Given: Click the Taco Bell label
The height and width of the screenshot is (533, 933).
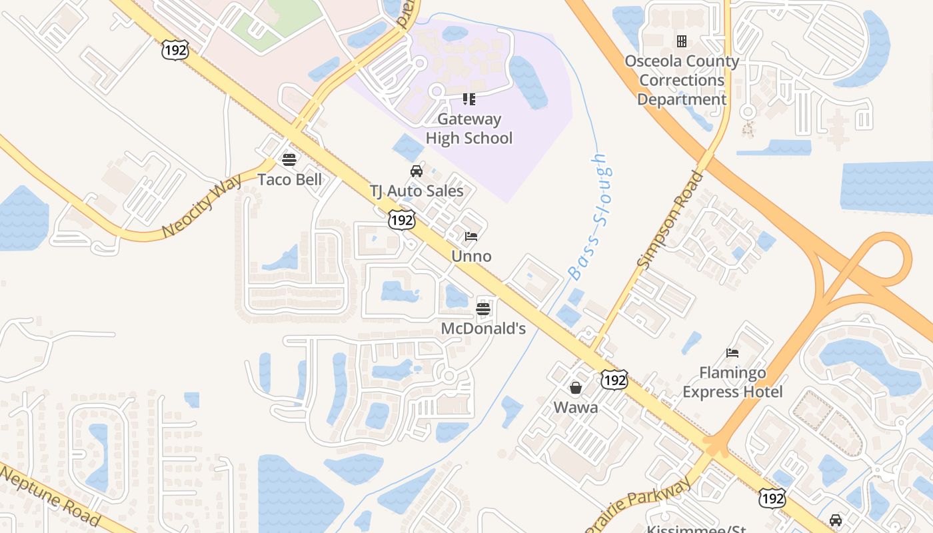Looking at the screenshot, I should point(290,179).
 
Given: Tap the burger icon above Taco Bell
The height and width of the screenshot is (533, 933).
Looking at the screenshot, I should point(289,159).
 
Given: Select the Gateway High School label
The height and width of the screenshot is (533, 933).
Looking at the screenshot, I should point(469,129).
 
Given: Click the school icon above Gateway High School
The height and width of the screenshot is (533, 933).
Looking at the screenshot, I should point(469,99).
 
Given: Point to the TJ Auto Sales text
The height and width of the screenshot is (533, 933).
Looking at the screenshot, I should point(417,191).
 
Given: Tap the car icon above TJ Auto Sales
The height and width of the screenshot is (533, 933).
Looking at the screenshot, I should point(417,171).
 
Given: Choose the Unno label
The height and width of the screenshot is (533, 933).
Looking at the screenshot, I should point(471,256).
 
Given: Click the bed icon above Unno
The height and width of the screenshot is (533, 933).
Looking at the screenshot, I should point(471,236).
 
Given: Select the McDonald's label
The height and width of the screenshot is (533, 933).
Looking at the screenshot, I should point(483,328).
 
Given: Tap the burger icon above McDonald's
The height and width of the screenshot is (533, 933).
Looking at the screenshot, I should point(483,308).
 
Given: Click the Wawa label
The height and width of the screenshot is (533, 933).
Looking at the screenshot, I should point(576,407).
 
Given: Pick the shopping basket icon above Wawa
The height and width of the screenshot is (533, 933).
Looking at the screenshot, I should point(576,387).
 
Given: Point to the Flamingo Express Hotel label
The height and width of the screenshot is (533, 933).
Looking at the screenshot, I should point(732,382).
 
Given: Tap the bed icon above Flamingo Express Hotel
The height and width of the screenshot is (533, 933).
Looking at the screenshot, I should point(732,353).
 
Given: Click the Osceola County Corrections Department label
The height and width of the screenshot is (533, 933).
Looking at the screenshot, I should point(682,80).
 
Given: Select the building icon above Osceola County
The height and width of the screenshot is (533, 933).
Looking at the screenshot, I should point(682,41).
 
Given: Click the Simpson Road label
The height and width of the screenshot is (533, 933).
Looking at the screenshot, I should point(670,219).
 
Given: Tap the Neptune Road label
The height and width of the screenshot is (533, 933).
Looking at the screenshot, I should point(50,496).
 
